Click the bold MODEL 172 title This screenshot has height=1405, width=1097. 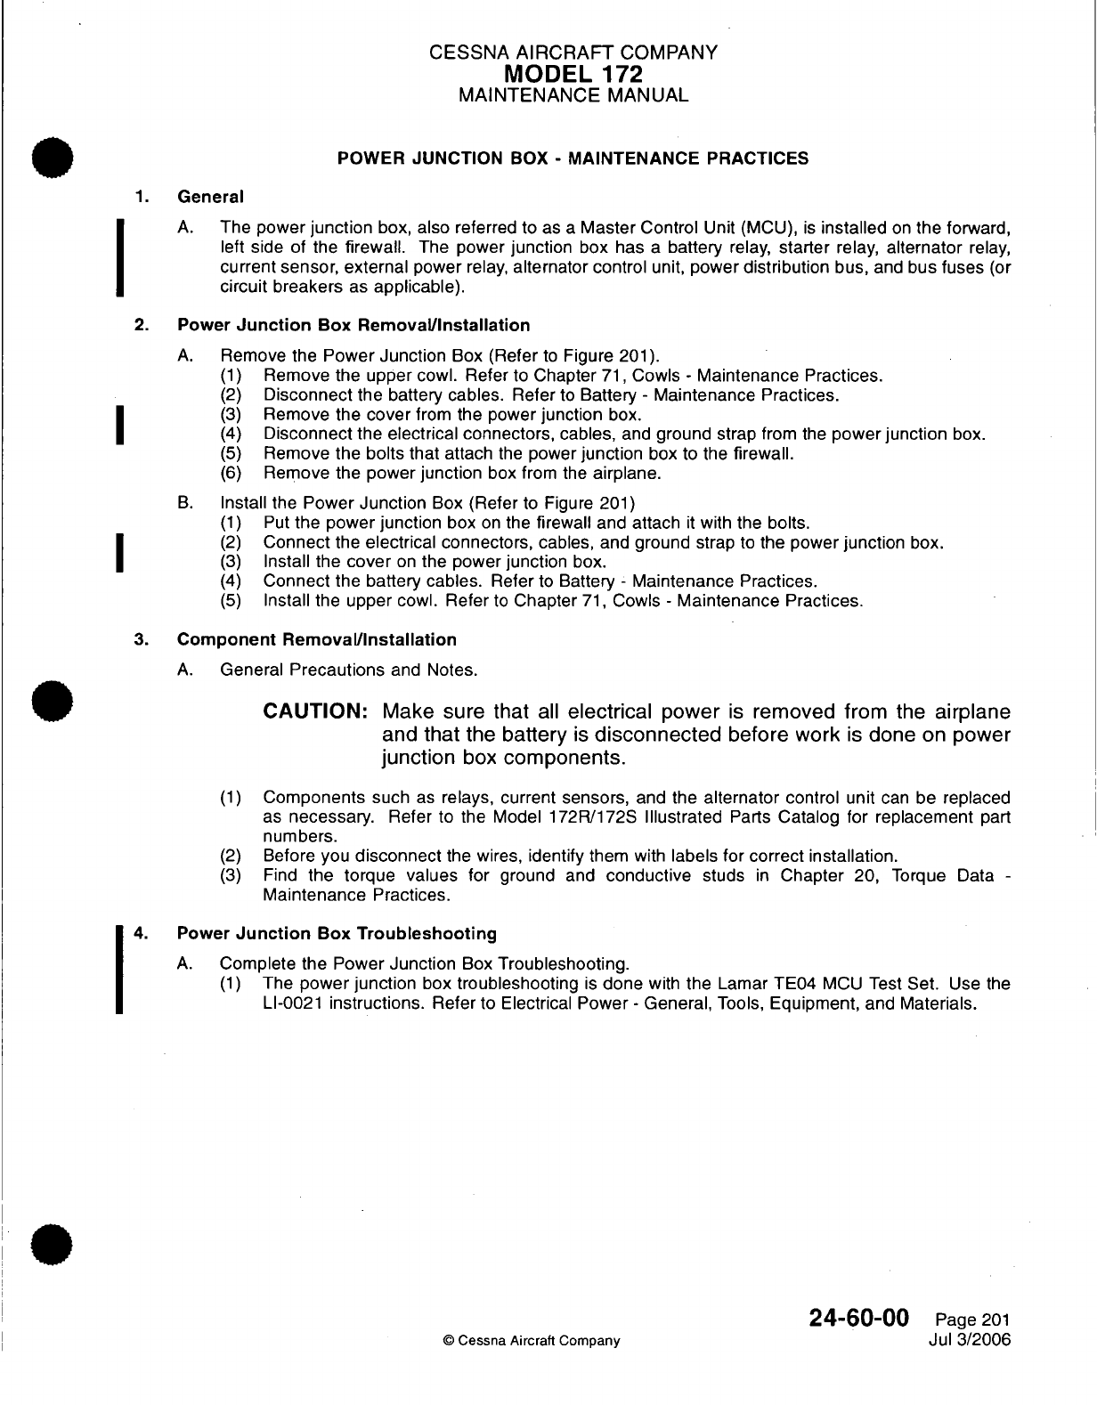pyautogui.click(x=573, y=73)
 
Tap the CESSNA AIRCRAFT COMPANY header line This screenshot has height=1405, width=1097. pyautogui.click(x=573, y=52)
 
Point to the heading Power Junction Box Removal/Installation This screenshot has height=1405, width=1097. pyautogui.click(x=353, y=326)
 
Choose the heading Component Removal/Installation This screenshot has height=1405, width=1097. pyautogui.click(x=317, y=640)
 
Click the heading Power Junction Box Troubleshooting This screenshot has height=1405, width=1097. pyautogui.click(x=337, y=934)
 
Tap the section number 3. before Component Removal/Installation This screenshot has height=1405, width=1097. pyautogui.click(x=140, y=640)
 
